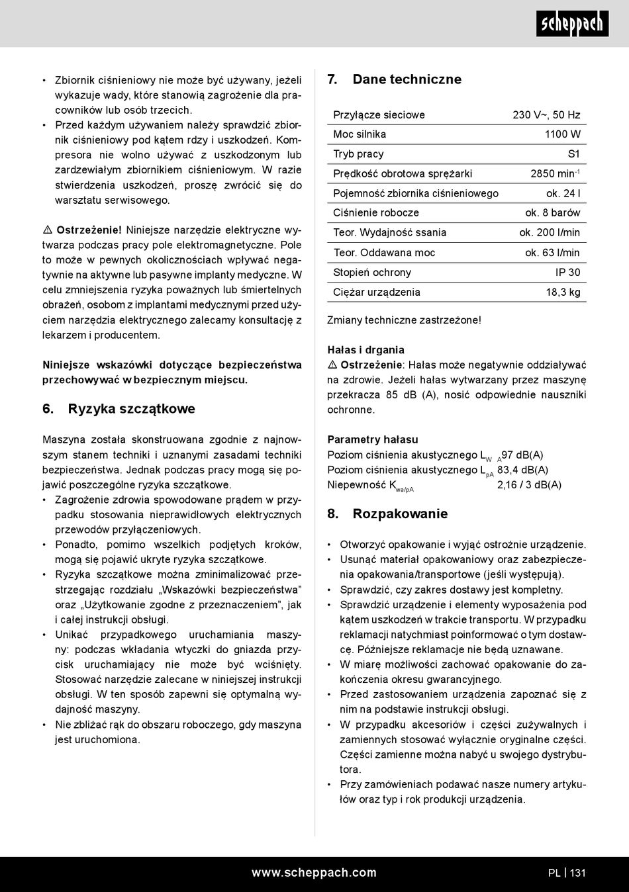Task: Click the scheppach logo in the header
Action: [572, 24]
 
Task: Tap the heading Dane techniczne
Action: [407, 79]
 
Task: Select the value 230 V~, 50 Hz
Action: [546, 115]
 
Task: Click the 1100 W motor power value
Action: [562, 134]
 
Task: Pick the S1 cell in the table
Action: [573, 154]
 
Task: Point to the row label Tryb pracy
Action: [358, 154]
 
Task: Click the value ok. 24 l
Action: [563, 194]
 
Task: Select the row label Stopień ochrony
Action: [372, 273]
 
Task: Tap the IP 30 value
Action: [567, 273]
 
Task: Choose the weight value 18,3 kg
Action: [563, 292]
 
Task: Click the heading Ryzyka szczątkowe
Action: [131, 409]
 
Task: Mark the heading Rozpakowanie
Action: [400, 514]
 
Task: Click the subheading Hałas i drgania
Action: [365, 350]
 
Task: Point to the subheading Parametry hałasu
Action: [372, 439]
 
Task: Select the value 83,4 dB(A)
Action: [522, 470]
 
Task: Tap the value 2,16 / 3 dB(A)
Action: [529, 485]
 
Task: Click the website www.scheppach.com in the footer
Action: [314, 873]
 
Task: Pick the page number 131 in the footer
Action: [577, 873]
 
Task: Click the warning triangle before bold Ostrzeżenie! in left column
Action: [48, 230]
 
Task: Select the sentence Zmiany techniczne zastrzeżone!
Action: [404, 320]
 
